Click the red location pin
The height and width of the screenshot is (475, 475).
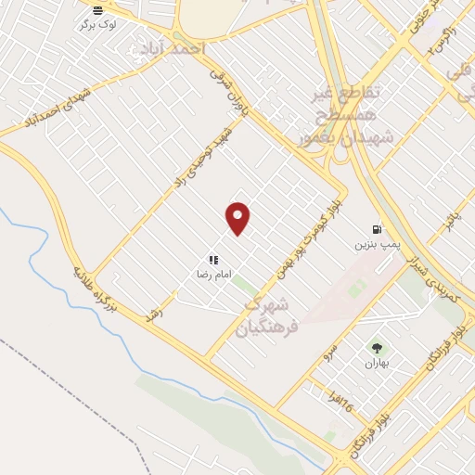pos(238,217)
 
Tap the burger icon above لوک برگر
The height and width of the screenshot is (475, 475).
pos(98,11)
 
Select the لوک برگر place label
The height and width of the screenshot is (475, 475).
pos(98,25)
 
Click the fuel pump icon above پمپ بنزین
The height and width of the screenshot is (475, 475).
pos(376,228)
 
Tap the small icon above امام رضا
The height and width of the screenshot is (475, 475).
pos(213,261)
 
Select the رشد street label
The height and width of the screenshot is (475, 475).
pos(154,315)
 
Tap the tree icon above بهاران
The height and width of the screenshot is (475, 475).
pos(377,348)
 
